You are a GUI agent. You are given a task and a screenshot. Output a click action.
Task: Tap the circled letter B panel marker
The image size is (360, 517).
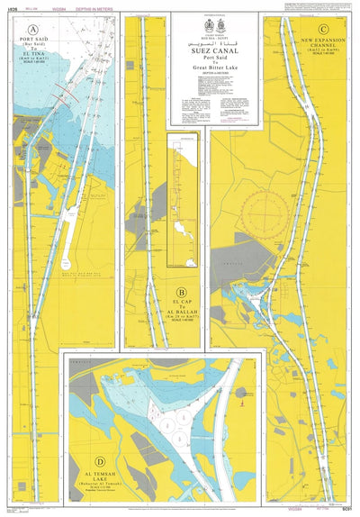point(182,291)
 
